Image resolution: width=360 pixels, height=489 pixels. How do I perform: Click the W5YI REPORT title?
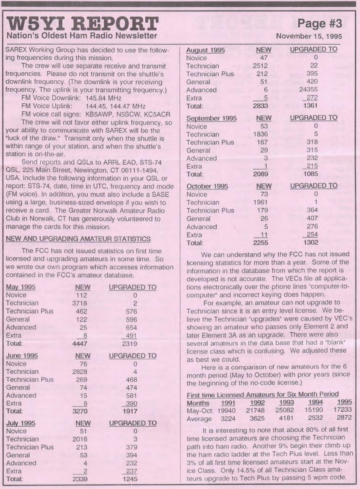point(83,24)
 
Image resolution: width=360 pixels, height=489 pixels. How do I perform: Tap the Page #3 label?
point(320,23)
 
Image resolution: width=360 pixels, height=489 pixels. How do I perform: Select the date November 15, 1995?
point(309,36)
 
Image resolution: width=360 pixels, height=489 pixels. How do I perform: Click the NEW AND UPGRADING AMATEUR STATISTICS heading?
point(78,239)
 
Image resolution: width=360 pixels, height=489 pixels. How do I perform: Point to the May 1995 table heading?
point(21,287)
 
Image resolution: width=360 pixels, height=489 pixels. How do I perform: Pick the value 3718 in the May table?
point(80,303)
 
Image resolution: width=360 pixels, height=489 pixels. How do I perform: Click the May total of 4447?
point(80,343)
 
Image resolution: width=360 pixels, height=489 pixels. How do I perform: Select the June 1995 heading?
point(22,356)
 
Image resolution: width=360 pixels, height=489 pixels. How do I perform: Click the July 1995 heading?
point(21,423)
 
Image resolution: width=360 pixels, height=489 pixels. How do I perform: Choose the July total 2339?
point(80,479)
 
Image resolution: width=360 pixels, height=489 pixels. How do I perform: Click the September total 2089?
point(260,174)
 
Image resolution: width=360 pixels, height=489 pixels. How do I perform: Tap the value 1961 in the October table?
point(260,202)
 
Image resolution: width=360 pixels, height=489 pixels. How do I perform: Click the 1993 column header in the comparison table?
point(286,403)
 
